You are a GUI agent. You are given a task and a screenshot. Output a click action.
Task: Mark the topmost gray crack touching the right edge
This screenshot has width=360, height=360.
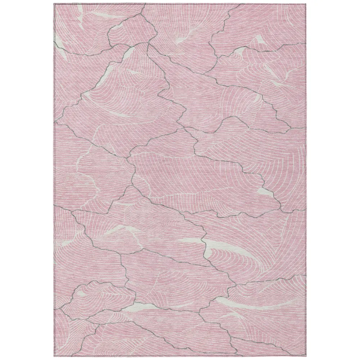(x=305, y=43)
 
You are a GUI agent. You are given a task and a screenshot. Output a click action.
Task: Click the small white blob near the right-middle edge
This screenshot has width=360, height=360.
(x=266, y=192)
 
